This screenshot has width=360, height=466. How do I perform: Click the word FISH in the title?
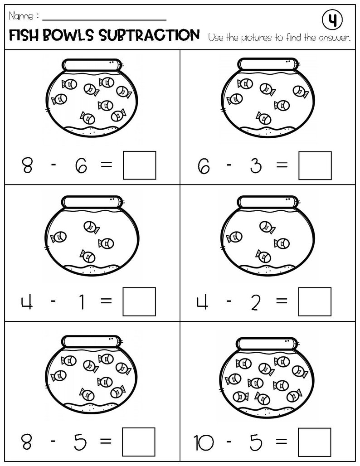(26, 35)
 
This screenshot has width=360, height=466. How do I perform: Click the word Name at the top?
(20, 17)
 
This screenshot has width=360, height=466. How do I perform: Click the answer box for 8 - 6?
(139, 165)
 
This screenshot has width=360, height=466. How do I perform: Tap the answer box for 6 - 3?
(315, 165)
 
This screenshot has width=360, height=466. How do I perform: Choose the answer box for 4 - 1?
(139, 301)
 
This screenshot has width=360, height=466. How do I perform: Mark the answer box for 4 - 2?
(315, 301)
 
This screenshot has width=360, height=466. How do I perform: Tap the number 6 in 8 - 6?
(80, 166)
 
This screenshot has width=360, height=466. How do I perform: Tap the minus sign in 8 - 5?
(54, 441)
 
